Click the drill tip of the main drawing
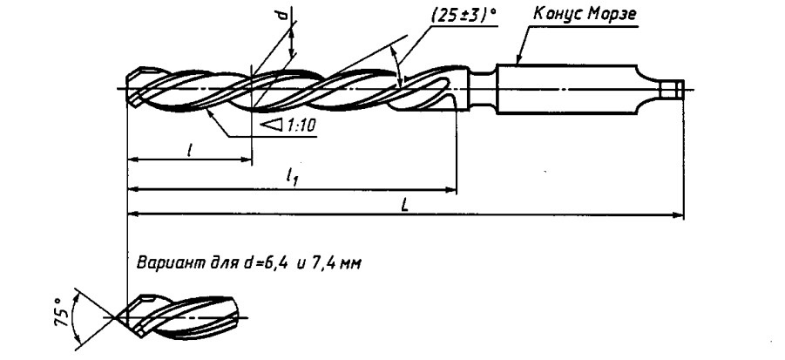(131, 87)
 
